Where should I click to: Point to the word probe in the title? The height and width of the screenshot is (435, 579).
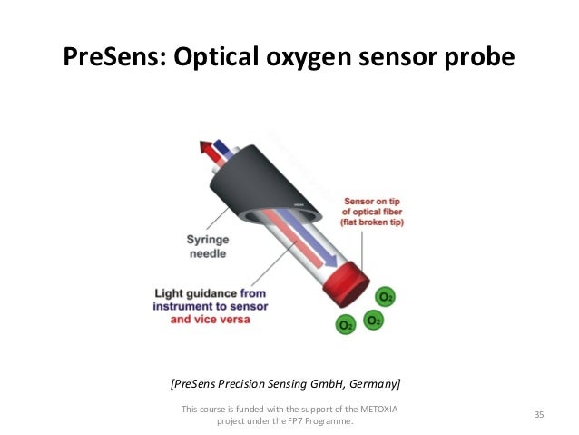pyautogui.click(x=480, y=57)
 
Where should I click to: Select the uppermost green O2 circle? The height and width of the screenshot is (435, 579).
pyautogui.click(x=387, y=298)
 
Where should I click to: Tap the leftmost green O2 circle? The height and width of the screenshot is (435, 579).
pyautogui.click(x=346, y=323)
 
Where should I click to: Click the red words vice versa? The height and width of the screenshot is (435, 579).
pyautogui.click(x=230, y=320)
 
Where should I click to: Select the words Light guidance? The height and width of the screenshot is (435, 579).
pyautogui.click(x=200, y=292)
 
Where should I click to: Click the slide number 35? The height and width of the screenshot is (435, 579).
pyautogui.click(x=539, y=415)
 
